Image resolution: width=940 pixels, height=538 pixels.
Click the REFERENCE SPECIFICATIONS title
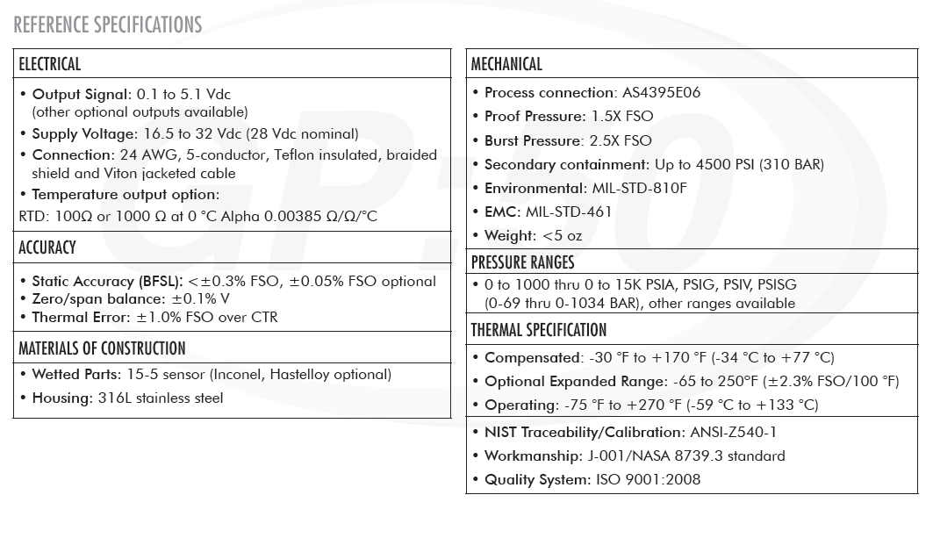click(x=108, y=25)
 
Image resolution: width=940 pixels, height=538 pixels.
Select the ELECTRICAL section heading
click(x=50, y=64)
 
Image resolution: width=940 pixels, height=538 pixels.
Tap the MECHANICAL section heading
click(x=506, y=64)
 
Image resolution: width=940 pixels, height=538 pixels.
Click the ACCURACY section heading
click(x=47, y=247)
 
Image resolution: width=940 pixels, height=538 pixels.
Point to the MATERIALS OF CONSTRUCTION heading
click(x=102, y=348)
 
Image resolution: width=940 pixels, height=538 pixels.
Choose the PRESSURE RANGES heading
click(x=522, y=262)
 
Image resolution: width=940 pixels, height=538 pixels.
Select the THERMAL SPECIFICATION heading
click(x=539, y=330)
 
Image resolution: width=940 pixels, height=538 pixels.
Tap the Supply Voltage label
click(x=84, y=134)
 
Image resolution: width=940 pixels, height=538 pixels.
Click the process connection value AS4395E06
click(x=661, y=92)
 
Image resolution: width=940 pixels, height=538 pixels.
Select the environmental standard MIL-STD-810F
click(x=638, y=188)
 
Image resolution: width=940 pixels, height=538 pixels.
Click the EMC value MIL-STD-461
click(x=569, y=212)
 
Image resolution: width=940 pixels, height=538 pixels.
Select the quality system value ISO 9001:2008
click(x=648, y=479)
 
